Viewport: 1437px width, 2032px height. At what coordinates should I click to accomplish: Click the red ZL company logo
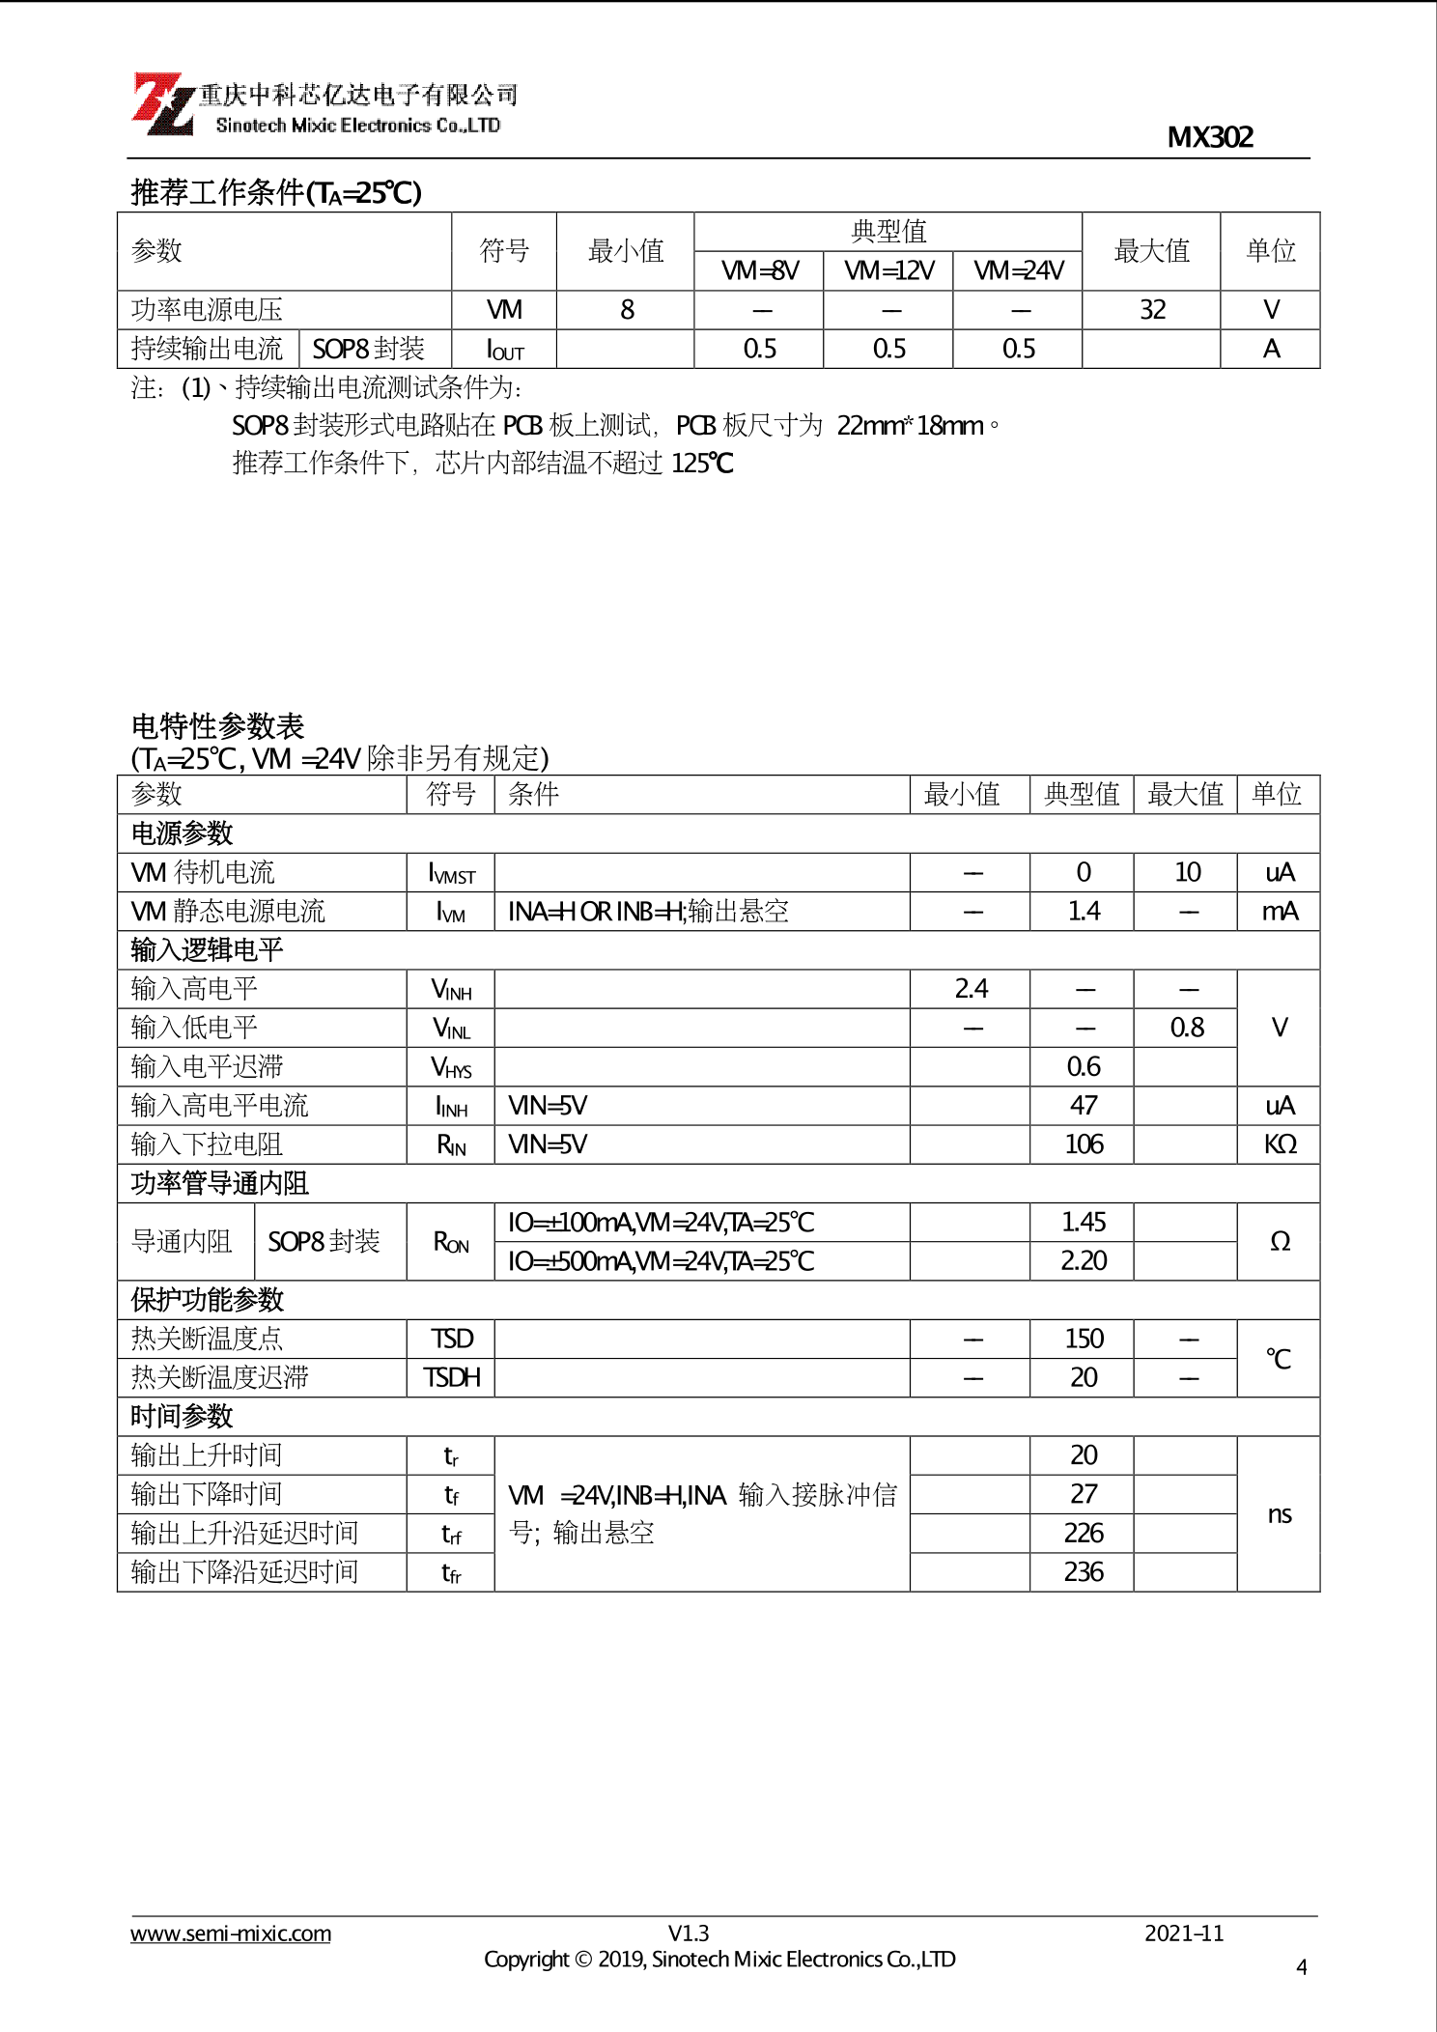point(162,104)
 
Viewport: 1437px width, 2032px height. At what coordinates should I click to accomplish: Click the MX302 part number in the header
point(1209,137)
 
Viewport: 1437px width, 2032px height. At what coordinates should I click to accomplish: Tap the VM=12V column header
point(888,270)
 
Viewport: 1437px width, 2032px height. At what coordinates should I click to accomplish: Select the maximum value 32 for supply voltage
point(1152,310)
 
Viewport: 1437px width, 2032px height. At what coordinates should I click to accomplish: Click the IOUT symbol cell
point(504,350)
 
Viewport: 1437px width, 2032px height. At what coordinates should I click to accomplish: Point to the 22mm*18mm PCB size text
point(910,426)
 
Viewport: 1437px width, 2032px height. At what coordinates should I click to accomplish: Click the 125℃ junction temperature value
point(702,465)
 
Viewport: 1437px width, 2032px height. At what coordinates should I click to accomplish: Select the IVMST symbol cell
point(451,874)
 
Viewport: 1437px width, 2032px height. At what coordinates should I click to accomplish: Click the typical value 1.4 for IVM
point(1084,912)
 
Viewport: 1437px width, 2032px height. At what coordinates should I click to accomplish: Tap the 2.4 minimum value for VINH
point(971,989)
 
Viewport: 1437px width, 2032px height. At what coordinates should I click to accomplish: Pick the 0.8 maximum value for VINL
point(1187,1028)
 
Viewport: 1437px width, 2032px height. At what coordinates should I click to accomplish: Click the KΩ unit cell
point(1280,1144)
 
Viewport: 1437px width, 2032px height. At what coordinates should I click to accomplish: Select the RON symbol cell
point(451,1242)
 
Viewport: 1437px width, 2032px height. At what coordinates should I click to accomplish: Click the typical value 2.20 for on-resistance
point(1084,1261)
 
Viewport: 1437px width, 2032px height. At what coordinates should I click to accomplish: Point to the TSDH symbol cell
point(451,1378)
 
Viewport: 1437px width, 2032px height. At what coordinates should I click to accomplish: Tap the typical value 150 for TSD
point(1084,1339)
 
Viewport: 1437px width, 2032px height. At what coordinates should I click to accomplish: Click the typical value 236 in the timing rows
point(1084,1572)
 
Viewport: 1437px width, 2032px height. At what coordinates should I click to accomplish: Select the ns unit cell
point(1280,1514)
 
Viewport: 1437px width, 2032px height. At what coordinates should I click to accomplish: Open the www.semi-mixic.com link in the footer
point(231,1933)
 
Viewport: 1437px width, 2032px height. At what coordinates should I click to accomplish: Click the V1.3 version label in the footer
point(689,1933)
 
